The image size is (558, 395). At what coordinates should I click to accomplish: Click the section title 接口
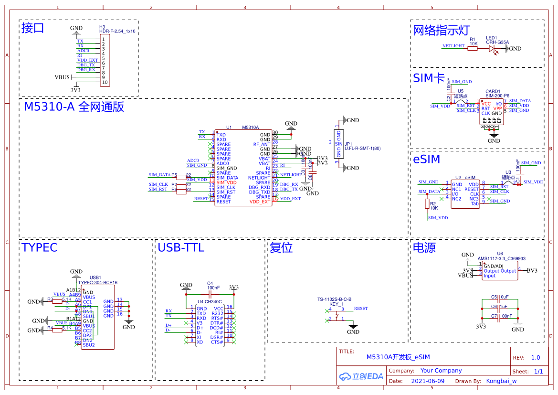(33, 28)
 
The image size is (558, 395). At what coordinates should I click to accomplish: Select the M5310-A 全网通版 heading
(74, 107)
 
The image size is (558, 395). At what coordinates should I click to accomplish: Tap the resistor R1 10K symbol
(473, 48)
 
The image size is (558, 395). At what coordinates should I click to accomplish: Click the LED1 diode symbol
(492, 48)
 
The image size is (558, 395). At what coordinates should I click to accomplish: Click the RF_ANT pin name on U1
(262, 144)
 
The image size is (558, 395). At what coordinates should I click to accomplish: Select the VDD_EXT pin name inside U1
(260, 202)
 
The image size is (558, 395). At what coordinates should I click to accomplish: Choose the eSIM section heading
(426, 160)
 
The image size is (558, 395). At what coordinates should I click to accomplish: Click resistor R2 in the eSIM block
(427, 204)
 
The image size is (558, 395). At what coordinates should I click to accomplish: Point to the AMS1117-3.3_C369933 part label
(501, 258)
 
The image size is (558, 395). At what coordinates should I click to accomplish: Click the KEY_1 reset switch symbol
(339, 314)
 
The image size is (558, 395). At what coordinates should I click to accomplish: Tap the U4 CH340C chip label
(210, 302)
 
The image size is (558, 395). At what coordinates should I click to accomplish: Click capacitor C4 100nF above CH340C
(210, 294)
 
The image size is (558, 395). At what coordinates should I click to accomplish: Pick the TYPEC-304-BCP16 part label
(97, 282)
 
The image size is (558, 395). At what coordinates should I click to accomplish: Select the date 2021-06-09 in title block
(427, 381)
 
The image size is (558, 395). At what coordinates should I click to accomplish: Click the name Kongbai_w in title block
(501, 381)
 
